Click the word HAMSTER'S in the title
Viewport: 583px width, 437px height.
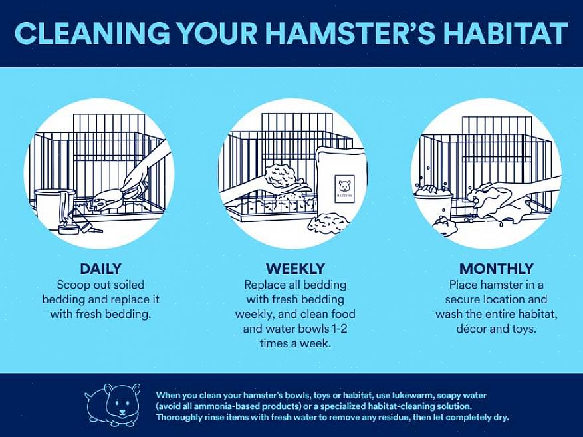coord(350,33)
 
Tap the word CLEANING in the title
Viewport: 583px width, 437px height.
coord(92,33)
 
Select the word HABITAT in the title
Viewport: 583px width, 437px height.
coord(505,33)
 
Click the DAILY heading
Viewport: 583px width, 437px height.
coord(101,269)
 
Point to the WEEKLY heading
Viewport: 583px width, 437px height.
coord(295,269)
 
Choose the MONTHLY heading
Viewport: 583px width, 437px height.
coord(497,269)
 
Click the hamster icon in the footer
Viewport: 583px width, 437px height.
coord(112,405)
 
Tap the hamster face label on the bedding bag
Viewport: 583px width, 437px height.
coord(344,189)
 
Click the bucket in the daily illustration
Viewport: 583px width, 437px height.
coord(55,208)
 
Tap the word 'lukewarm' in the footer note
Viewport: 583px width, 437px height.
coord(412,395)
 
